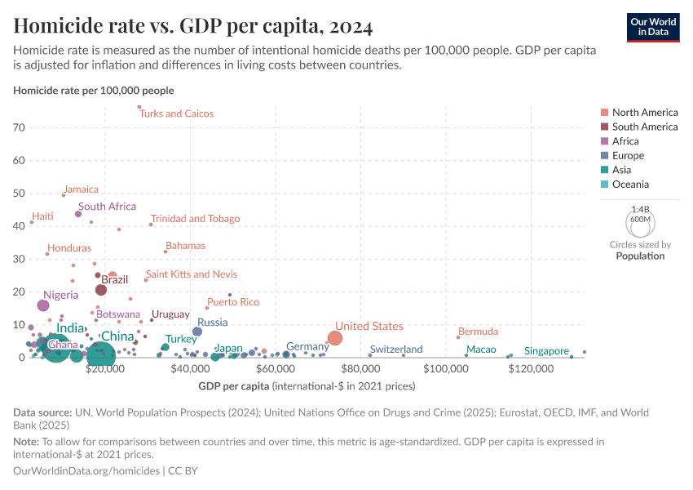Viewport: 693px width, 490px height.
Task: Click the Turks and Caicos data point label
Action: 176,114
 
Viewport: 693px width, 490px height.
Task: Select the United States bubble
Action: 334,338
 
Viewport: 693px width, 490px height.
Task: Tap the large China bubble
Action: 100,354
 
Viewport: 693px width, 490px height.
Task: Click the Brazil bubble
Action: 101,290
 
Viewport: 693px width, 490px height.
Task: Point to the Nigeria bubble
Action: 43,305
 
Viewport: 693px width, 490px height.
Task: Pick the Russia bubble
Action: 197,332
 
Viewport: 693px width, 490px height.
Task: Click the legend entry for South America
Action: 644,127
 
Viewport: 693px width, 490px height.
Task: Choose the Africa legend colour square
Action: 604,141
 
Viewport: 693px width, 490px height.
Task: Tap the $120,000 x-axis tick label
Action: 532,370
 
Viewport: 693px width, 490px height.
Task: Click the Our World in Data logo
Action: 655,27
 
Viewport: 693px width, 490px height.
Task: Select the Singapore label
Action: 546,351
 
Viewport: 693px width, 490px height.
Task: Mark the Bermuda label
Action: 478,332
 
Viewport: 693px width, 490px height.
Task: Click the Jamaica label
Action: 81,189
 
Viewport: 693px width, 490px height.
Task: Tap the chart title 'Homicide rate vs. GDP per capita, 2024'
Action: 193,27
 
